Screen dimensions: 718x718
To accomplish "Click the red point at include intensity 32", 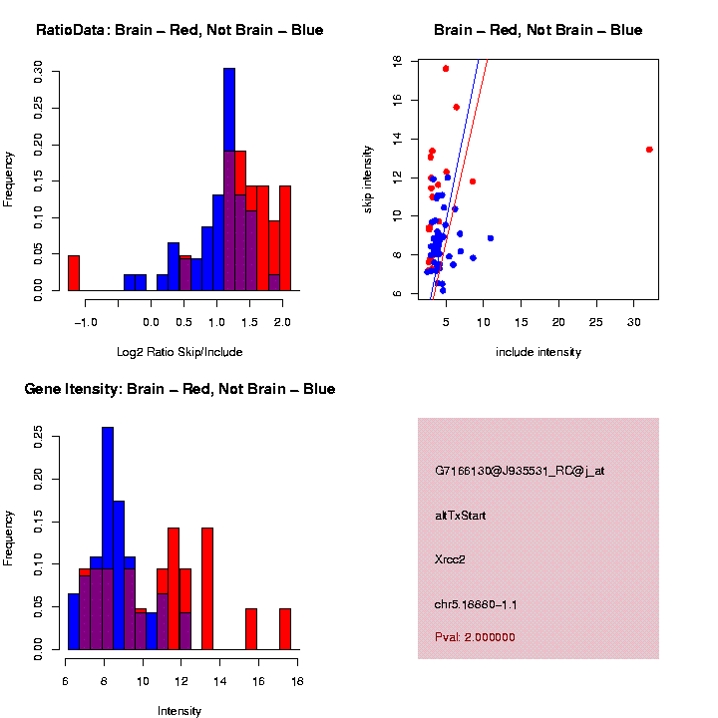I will (649, 150).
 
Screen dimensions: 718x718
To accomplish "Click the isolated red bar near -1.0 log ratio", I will (74, 273).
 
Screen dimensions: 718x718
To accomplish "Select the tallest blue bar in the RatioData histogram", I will (229, 179).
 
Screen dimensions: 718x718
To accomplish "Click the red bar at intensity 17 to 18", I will (285, 629).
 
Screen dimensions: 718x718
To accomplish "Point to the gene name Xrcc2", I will (450, 559).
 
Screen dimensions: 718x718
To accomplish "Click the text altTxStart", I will (460, 516).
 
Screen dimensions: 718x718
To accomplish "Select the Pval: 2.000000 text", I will (475, 637).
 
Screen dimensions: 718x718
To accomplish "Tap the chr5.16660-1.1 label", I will (476, 604).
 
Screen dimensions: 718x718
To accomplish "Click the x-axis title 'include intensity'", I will (538, 352).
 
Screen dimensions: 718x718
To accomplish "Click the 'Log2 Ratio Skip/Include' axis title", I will (179, 352).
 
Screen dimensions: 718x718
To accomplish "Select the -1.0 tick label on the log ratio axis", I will (85, 322).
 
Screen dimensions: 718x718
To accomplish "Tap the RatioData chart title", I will (179, 30).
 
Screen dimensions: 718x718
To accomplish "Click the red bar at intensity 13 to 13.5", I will (207, 588).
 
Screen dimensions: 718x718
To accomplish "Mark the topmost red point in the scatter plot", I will (446, 68).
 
